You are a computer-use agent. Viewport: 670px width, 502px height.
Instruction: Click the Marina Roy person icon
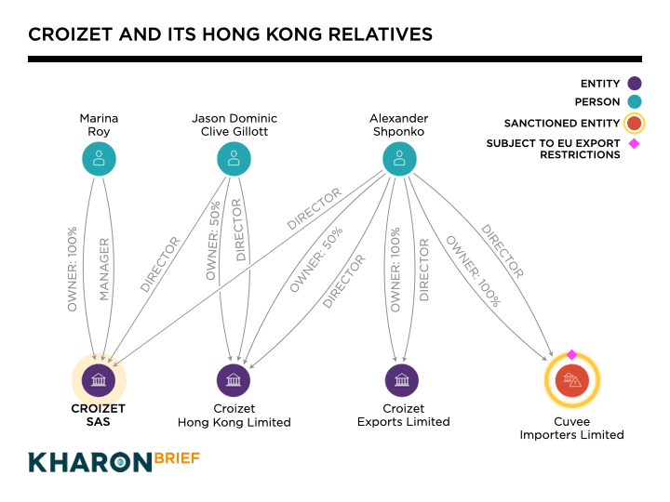(x=99, y=158)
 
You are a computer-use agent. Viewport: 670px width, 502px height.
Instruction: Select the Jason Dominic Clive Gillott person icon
(x=234, y=158)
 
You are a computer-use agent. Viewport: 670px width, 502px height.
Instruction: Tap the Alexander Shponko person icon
(x=399, y=158)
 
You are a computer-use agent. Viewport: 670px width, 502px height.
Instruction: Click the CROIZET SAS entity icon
(x=99, y=379)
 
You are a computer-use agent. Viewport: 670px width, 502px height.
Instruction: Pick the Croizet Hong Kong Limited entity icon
(x=234, y=379)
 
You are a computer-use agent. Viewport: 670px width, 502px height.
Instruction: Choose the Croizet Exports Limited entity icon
(x=402, y=379)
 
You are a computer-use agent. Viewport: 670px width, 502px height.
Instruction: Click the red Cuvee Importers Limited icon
(x=571, y=380)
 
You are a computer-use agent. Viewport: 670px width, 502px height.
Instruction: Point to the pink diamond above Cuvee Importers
(x=571, y=354)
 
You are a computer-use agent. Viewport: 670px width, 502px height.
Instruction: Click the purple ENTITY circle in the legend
(x=635, y=84)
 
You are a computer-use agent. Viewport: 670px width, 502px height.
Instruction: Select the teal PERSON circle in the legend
(x=635, y=103)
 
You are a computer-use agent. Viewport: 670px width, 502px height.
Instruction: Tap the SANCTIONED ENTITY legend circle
(x=635, y=123)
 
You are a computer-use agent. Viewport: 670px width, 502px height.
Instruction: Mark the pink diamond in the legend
(x=635, y=143)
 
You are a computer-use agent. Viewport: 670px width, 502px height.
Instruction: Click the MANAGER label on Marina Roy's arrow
(x=104, y=269)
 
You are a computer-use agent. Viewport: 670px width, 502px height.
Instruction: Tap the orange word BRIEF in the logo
(x=173, y=459)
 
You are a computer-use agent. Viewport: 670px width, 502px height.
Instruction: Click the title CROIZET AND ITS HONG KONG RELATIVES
(x=230, y=34)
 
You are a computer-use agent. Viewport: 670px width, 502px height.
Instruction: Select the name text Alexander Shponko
(x=399, y=125)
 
